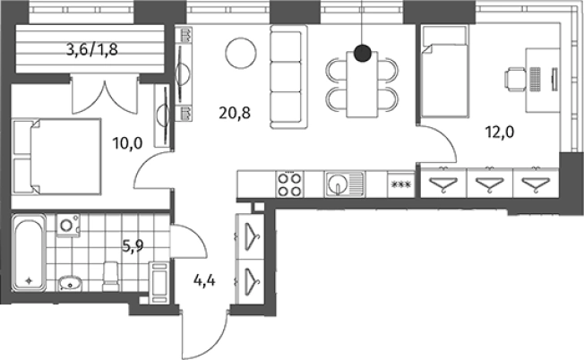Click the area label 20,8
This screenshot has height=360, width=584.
coord(235,113)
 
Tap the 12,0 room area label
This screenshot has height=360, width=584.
coord(500,132)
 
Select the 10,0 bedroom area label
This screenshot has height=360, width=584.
coord(128,143)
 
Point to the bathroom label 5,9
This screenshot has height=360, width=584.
coord(133,245)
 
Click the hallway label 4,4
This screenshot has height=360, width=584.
coord(204,280)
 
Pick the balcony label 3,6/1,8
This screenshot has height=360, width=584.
coord(92,49)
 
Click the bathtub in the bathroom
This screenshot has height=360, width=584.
coord(29,253)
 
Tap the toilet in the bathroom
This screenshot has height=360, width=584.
coord(110,277)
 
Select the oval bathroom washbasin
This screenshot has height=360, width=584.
coord(69,284)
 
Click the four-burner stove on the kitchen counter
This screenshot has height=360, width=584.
coord(290,184)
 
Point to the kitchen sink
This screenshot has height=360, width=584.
coord(345,184)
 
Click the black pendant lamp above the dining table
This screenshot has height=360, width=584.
coord(363,53)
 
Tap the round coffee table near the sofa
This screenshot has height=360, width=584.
coord(241,53)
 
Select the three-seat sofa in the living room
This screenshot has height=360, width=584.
coord(289,77)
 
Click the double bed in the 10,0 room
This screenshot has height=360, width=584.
coord(56,157)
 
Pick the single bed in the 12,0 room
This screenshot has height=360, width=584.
coord(444,72)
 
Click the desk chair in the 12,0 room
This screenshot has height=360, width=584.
coord(516,79)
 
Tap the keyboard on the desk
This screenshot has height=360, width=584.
coord(535,79)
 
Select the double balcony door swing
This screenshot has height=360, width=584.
coord(105,96)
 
